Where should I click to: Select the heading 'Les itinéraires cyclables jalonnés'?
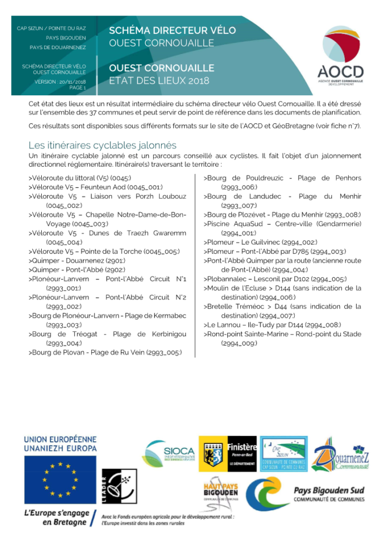[103, 146]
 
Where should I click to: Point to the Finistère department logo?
[228, 453]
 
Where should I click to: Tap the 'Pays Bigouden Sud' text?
[329, 490]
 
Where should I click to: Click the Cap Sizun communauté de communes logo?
[284, 453]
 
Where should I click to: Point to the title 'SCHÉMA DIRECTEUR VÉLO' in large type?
[172, 30]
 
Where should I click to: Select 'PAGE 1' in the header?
[77, 88]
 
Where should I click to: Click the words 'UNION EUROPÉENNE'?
[60, 439]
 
